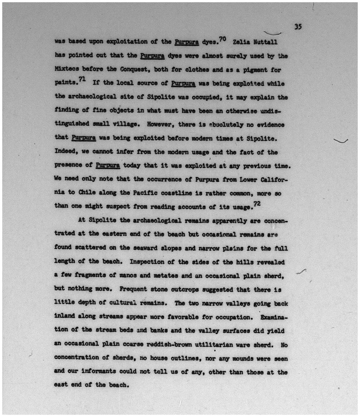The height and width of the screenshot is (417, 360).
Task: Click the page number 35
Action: (298, 27)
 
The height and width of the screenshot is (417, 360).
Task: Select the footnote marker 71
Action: (82, 79)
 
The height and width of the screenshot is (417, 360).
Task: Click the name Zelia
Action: (241, 42)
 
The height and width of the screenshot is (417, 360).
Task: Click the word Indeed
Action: (66, 152)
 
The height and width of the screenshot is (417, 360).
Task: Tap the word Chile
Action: (87, 192)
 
